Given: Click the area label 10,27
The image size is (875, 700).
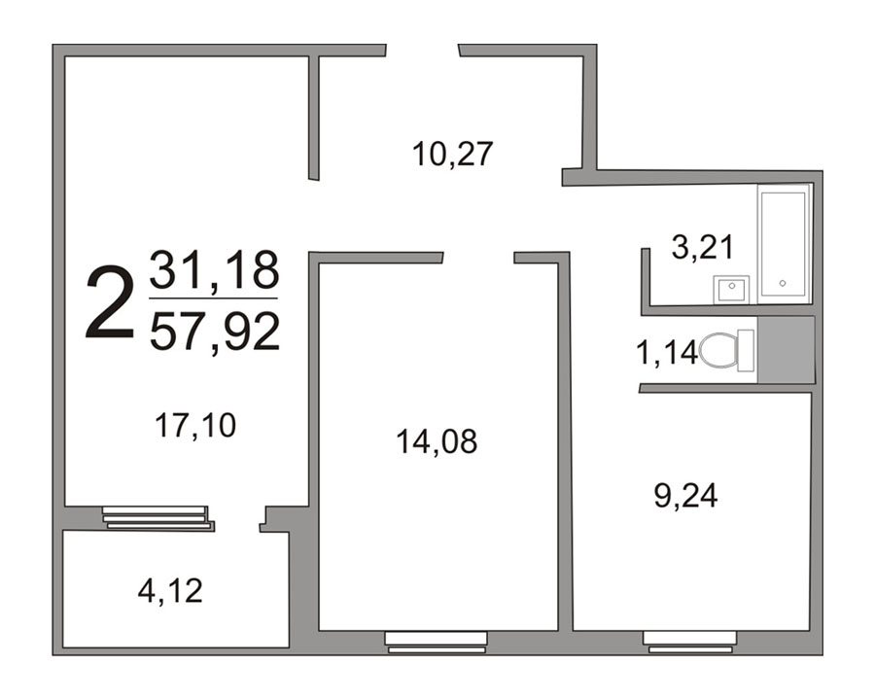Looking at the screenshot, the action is pos(452,155).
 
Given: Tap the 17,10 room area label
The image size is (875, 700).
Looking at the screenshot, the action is pos(195,426).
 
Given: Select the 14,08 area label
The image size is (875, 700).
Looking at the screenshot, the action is pos(437,441).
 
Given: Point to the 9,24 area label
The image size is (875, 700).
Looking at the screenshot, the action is pos(685,496).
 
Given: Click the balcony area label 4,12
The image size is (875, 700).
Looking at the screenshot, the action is pos(170,591).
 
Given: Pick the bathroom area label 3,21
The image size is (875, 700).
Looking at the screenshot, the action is pos(703,247).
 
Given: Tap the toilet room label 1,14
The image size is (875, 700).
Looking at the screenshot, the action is pos(667,353).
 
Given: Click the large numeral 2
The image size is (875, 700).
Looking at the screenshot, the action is pos(110,303).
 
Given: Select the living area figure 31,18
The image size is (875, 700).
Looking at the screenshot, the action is pos(214,271).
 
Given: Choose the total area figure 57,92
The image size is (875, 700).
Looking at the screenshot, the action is pos(215,332).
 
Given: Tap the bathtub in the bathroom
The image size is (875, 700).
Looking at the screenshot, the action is pos(784,244).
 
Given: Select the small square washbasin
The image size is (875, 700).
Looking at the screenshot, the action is pos(731,290).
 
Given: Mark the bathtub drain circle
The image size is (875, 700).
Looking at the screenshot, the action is pos(783,283).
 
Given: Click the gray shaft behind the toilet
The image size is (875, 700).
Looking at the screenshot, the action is pos(786,349).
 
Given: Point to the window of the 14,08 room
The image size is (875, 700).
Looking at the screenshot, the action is pos(437,642).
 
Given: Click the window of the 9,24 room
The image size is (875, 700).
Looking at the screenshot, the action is pos(689,642).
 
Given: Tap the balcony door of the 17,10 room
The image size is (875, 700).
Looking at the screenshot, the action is pos(158,518).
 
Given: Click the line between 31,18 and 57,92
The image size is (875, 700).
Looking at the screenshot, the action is pos(214,298).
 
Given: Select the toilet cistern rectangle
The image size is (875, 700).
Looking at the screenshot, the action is pos(746,351).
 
